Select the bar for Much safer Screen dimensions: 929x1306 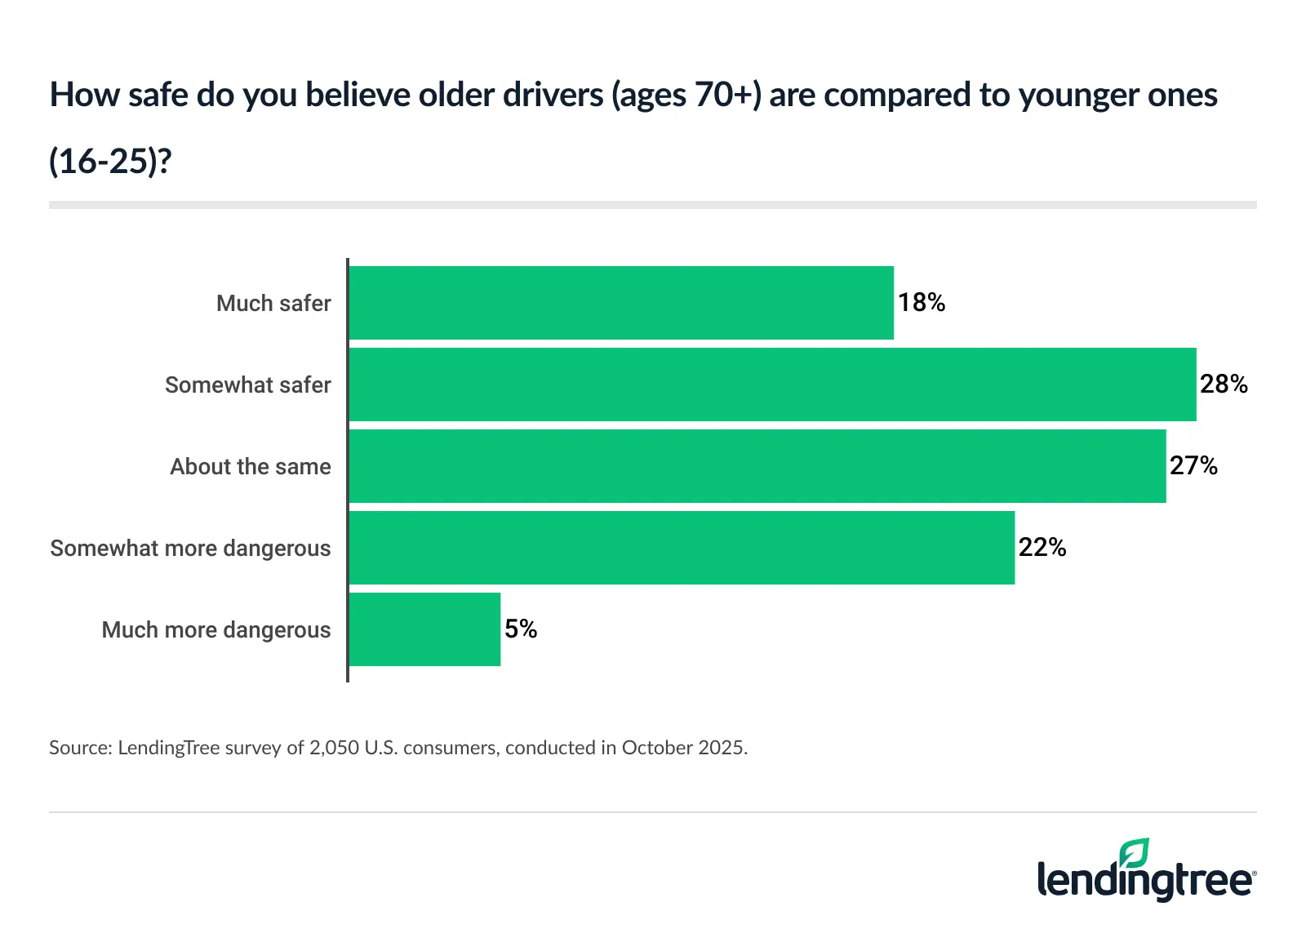tap(620, 303)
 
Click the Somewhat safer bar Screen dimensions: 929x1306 tap(772, 384)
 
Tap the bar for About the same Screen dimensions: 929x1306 tap(757, 466)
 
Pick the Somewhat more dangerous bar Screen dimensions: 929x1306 tap(682, 548)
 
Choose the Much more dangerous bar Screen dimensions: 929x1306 tap(424, 629)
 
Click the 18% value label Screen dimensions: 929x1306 tap(922, 303)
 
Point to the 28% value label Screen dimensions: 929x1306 tap(1224, 384)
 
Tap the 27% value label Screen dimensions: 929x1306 tap(1193, 466)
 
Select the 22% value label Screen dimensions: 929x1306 tap(1042, 548)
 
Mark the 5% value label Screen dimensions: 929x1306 tap(521, 629)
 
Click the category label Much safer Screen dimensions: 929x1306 tap(273, 304)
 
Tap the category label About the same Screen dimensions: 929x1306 tap(251, 467)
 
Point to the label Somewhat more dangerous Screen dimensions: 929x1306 tap(190, 549)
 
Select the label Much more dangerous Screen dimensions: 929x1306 tap(216, 630)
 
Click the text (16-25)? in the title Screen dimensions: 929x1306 tap(110, 161)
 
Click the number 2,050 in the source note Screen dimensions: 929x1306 tap(334, 748)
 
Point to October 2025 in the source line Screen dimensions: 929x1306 tap(683, 748)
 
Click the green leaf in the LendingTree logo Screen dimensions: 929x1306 tap(1134, 853)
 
